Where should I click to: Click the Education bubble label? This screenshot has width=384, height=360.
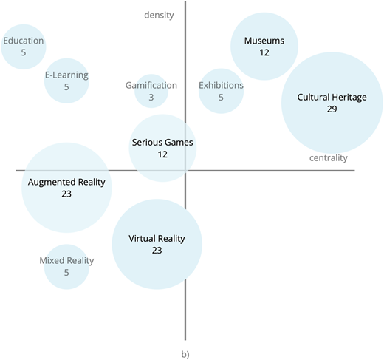pyautogui.click(x=24, y=41)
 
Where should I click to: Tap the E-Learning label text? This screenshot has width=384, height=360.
pyautogui.click(x=66, y=75)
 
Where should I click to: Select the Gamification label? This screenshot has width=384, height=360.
pyautogui.click(x=151, y=85)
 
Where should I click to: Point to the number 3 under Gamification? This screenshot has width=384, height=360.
pyautogui.click(x=151, y=98)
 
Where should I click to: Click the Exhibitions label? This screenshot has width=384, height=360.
pyautogui.click(x=221, y=85)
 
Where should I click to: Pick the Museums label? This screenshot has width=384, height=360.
pyautogui.click(x=264, y=41)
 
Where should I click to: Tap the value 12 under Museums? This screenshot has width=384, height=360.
pyautogui.click(x=264, y=52)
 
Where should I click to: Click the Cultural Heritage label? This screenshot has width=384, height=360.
pyautogui.click(x=332, y=97)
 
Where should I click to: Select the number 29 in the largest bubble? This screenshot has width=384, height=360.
pyautogui.click(x=332, y=109)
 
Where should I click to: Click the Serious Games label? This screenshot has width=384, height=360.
pyautogui.click(x=162, y=143)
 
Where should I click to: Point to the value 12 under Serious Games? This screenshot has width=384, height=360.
pyautogui.click(x=162, y=154)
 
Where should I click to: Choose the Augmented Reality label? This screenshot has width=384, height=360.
pyautogui.click(x=66, y=182)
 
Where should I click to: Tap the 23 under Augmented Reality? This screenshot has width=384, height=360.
pyautogui.click(x=66, y=194)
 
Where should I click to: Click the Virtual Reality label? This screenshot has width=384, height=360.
pyautogui.click(x=157, y=239)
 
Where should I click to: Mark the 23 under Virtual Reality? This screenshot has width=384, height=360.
pyautogui.click(x=157, y=251)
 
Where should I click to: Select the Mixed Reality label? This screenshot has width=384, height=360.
pyautogui.click(x=66, y=261)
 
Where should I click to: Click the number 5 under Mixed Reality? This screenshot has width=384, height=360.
pyautogui.click(x=66, y=273)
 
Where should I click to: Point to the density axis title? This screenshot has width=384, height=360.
pyautogui.click(x=159, y=15)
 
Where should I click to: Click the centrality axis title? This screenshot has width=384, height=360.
pyautogui.click(x=329, y=158)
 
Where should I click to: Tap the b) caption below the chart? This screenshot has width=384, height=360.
pyautogui.click(x=185, y=354)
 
